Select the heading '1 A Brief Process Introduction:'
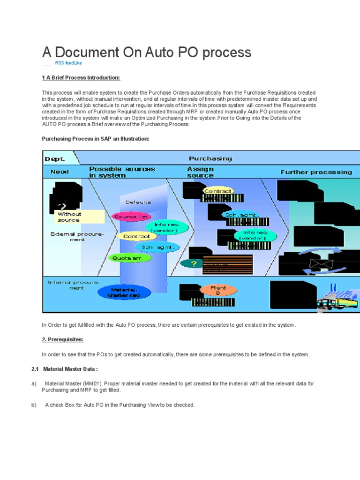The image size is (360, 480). click(81, 77)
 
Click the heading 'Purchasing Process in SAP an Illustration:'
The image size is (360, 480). click(96, 139)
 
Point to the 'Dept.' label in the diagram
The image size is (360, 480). click(55, 159)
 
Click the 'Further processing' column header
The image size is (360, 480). click(316, 172)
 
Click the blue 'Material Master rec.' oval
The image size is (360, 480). click(125, 292)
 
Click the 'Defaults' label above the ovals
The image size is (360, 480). click(138, 202)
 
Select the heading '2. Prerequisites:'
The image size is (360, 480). click(62, 339)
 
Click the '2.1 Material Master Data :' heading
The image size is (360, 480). click(65, 369)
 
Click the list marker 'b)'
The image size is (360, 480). click(34, 405)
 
